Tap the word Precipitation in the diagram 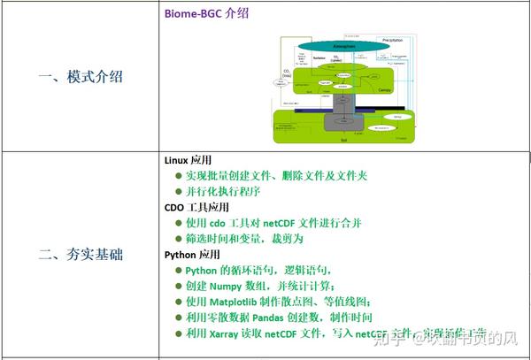click(x=393, y=40)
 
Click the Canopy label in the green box click(x=385, y=89)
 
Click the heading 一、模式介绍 click(x=81, y=77)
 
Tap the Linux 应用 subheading click(x=188, y=160)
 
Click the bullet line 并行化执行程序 click(x=222, y=191)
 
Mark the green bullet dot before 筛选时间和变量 click(x=178, y=239)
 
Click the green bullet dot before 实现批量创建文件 click(x=178, y=176)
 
